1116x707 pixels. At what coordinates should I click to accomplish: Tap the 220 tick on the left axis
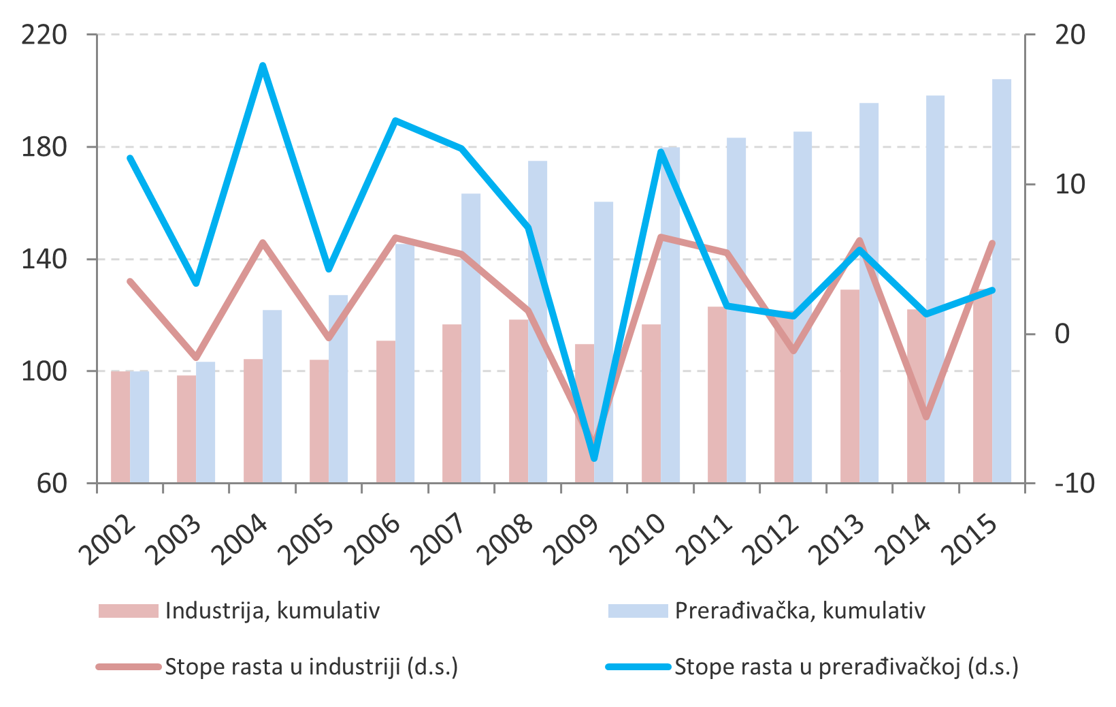44,35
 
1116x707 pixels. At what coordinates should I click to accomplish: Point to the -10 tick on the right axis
1074,483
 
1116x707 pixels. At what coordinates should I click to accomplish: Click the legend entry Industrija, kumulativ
272,610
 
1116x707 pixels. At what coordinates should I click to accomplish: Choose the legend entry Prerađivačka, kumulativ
800,610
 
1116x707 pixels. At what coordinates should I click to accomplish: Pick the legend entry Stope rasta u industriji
311,666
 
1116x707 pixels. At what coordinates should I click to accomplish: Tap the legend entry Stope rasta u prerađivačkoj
846,666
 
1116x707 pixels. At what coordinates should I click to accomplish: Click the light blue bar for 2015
1002,281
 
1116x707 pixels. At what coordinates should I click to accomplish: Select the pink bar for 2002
120,427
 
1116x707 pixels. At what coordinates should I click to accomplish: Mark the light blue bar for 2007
471,339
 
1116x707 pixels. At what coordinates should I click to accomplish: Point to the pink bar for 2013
850,386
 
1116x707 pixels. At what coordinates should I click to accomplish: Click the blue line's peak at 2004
263,65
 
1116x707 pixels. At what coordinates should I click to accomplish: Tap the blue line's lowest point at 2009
595,459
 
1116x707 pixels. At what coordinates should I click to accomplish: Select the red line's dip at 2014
926,418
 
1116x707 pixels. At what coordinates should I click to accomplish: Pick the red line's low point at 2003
196,357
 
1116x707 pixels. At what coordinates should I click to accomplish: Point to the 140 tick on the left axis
44,259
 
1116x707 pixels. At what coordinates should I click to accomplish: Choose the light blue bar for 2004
272,396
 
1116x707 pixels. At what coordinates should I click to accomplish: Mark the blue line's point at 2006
395,121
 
